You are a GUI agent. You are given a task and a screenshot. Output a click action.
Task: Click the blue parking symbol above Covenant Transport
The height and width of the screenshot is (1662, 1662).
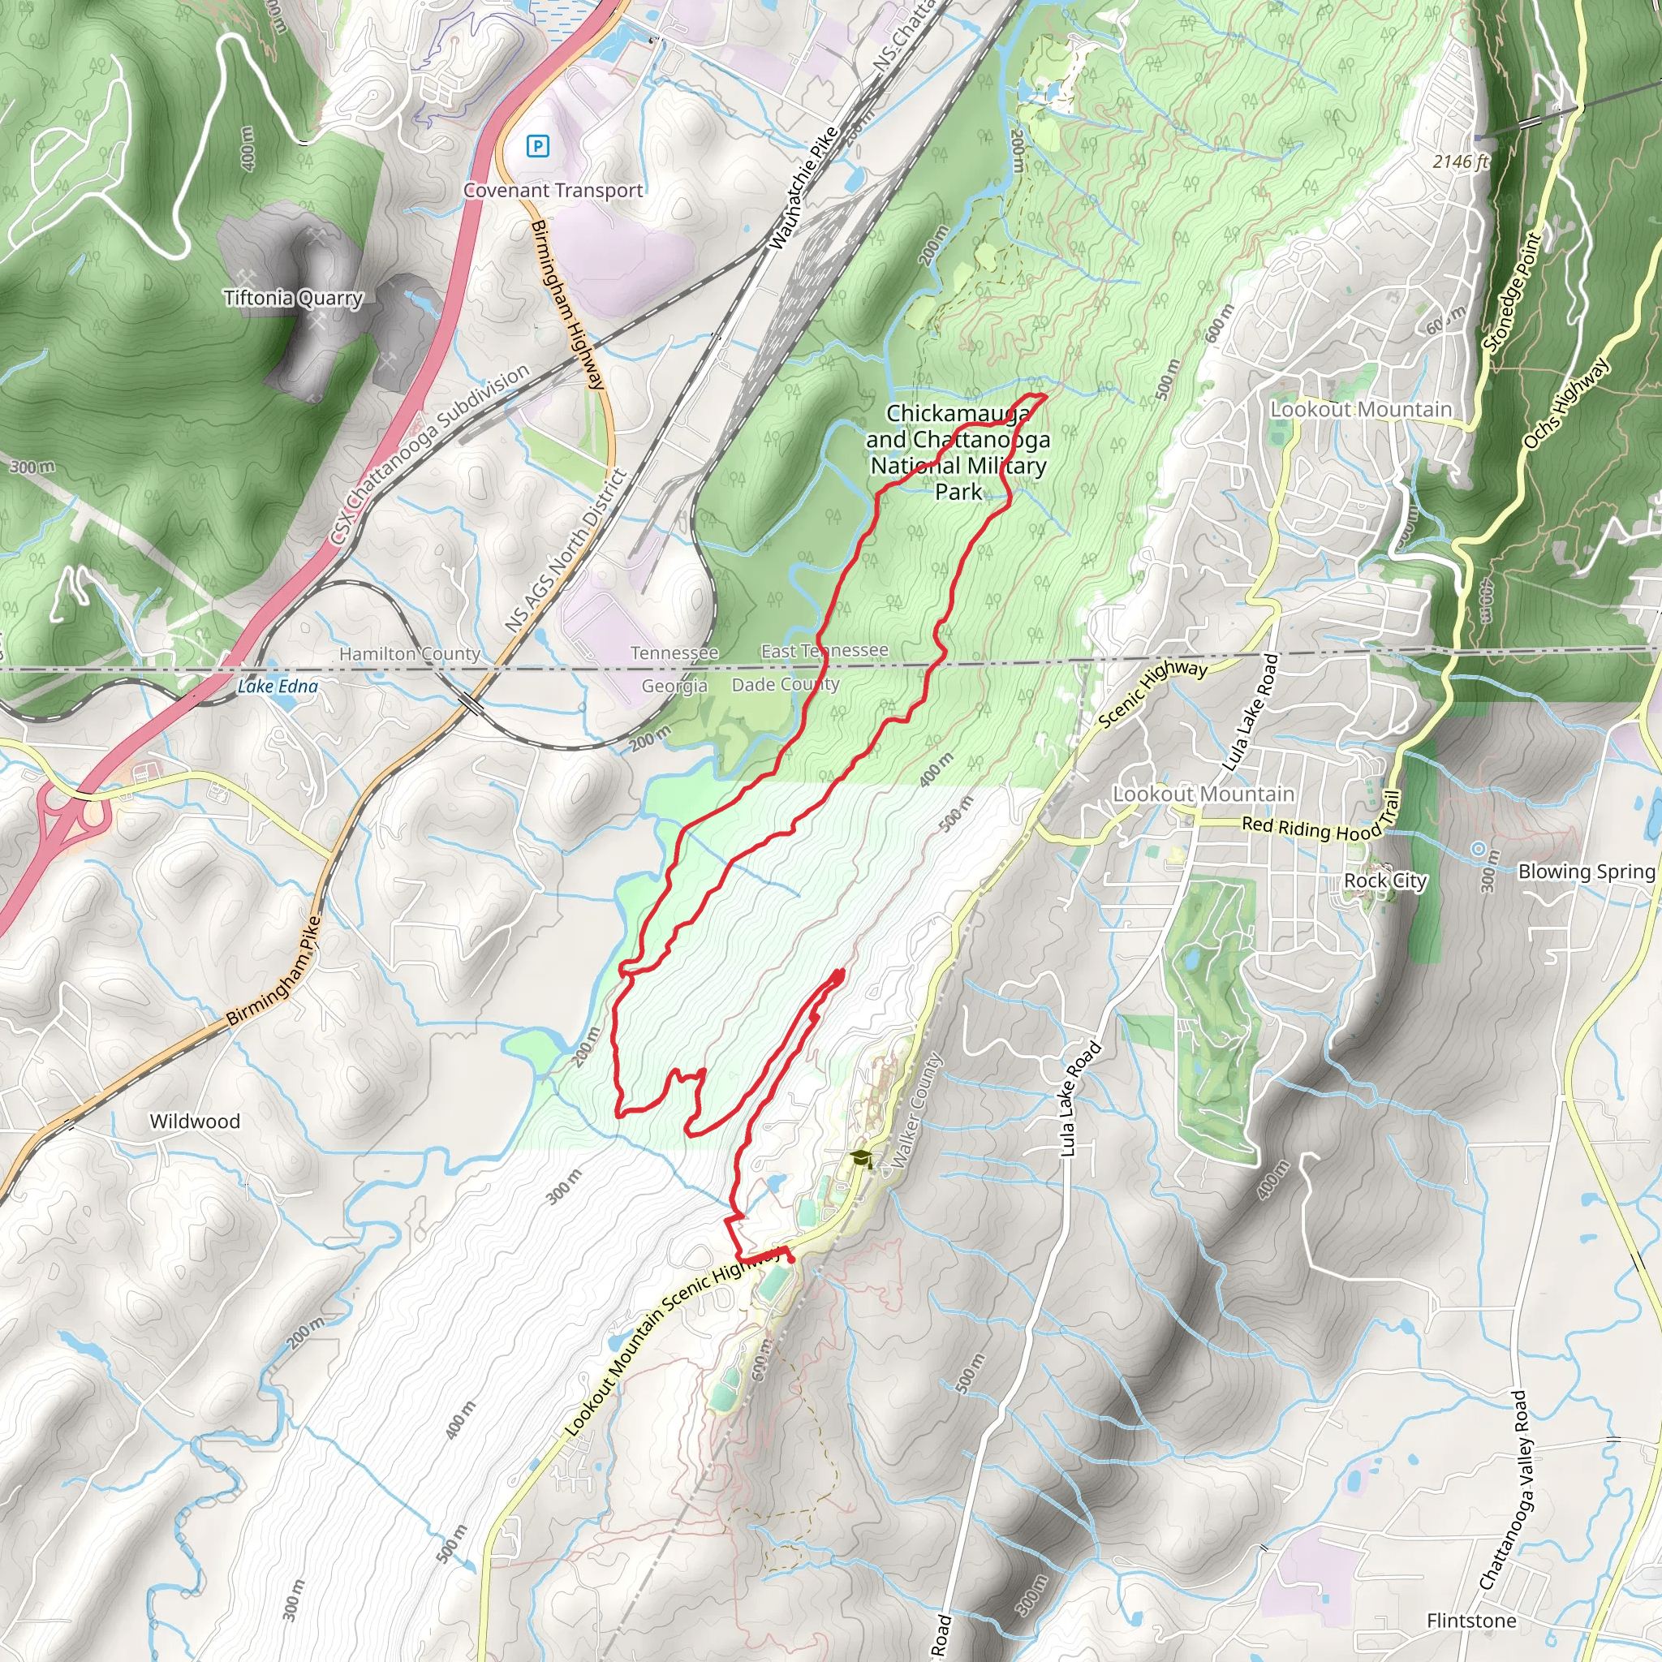(x=538, y=146)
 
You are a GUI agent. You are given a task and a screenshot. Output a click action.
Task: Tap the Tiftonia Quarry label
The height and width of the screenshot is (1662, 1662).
(x=293, y=299)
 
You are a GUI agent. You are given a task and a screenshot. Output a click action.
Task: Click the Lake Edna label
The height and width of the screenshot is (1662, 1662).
(x=277, y=687)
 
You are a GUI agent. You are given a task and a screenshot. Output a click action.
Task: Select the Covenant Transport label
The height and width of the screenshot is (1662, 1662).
(x=553, y=190)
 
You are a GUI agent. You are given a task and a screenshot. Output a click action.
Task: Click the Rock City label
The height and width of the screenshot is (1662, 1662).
(x=1385, y=881)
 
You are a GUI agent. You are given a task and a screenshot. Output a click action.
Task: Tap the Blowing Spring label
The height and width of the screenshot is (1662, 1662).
(x=1587, y=872)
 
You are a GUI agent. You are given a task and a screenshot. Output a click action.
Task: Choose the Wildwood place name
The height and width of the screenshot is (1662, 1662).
(x=195, y=1122)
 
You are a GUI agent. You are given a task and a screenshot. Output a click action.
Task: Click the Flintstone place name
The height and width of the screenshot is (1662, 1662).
(x=1471, y=1621)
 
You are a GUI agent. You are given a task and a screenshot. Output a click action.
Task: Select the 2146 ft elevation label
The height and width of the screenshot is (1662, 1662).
(x=1460, y=161)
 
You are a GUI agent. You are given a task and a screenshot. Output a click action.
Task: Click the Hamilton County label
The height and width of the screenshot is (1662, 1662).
(x=410, y=654)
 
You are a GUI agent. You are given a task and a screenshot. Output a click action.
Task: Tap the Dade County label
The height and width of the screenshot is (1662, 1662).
(x=786, y=685)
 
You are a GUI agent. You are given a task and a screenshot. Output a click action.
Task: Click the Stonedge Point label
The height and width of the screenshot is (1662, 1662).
(x=1510, y=292)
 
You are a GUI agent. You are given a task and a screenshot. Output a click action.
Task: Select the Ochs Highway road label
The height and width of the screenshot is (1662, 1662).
(x=1565, y=403)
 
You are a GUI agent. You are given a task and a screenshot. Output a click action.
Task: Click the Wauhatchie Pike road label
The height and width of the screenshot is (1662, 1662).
(x=803, y=188)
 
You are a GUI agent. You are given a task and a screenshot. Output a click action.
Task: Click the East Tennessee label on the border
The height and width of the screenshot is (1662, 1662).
(x=825, y=651)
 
